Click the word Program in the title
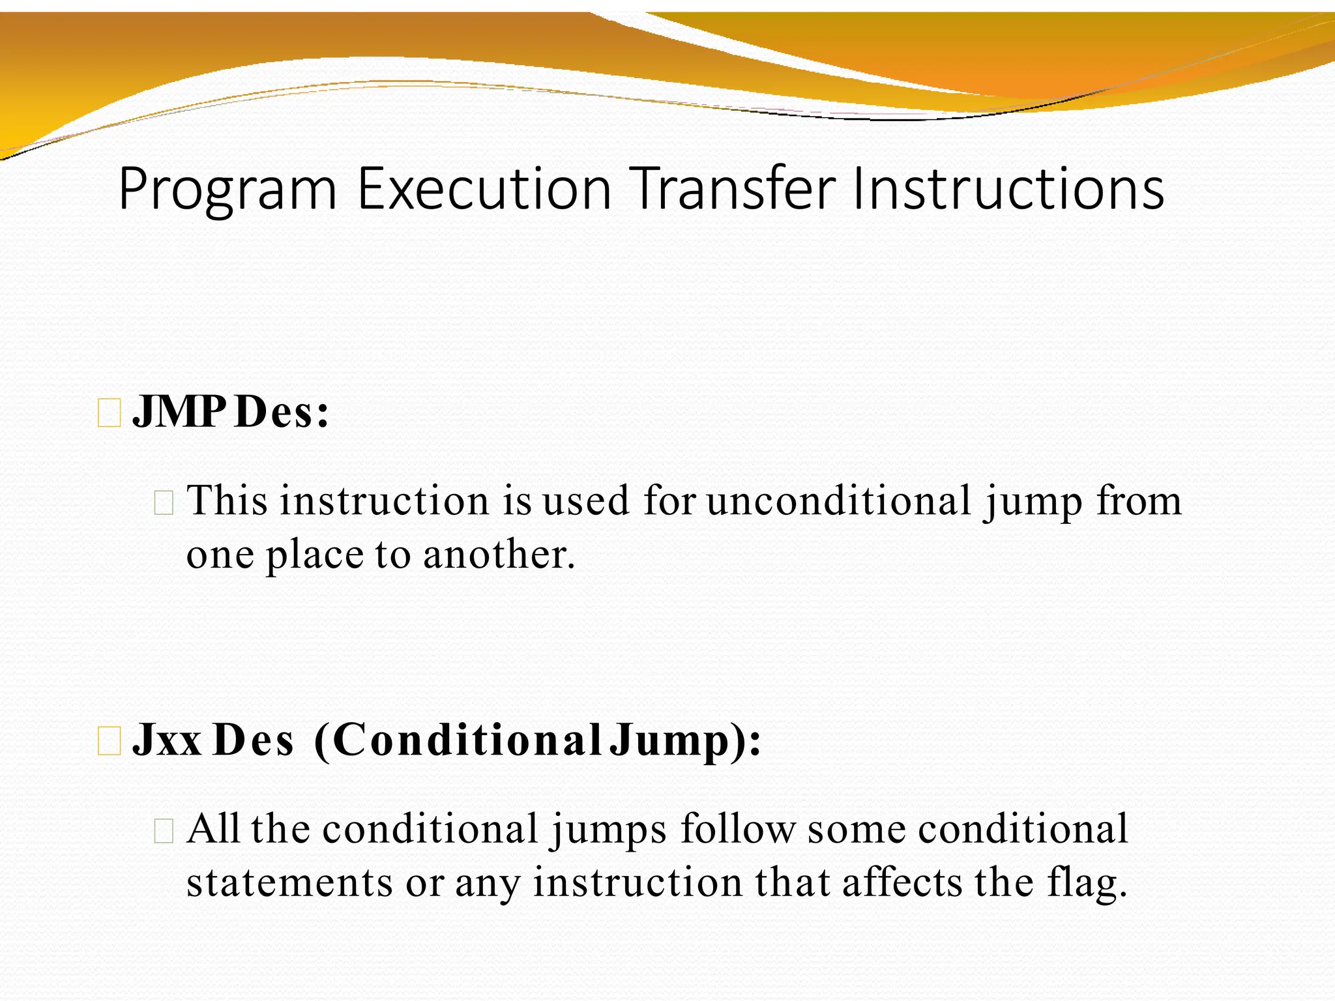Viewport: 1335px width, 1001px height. pyautogui.click(x=227, y=189)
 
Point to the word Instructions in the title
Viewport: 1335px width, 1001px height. pyautogui.click(x=1008, y=189)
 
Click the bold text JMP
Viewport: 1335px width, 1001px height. pyautogui.click(x=179, y=413)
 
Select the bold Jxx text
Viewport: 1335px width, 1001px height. pyautogui.click(x=167, y=741)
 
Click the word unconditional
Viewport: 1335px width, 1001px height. pyautogui.click(x=839, y=501)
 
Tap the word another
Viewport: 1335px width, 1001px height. pyautogui.click(x=499, y=555)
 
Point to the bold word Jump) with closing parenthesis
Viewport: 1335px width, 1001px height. pyautogui.click(x=685, y=741)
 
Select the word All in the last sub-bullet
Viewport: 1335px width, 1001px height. pyautogui.click(x=213, y=829)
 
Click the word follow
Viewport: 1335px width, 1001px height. pyautogui.click(x=738, y=829)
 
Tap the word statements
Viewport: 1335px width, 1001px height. pyautogui.click(x=289, y=883)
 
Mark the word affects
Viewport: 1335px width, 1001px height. pyautogui.click(x=902, y=883)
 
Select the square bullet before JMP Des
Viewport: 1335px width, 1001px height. pyautogui.click(x=109, y=414)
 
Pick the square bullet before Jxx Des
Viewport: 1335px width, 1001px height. pyautogui.click(x=109, y=742)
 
